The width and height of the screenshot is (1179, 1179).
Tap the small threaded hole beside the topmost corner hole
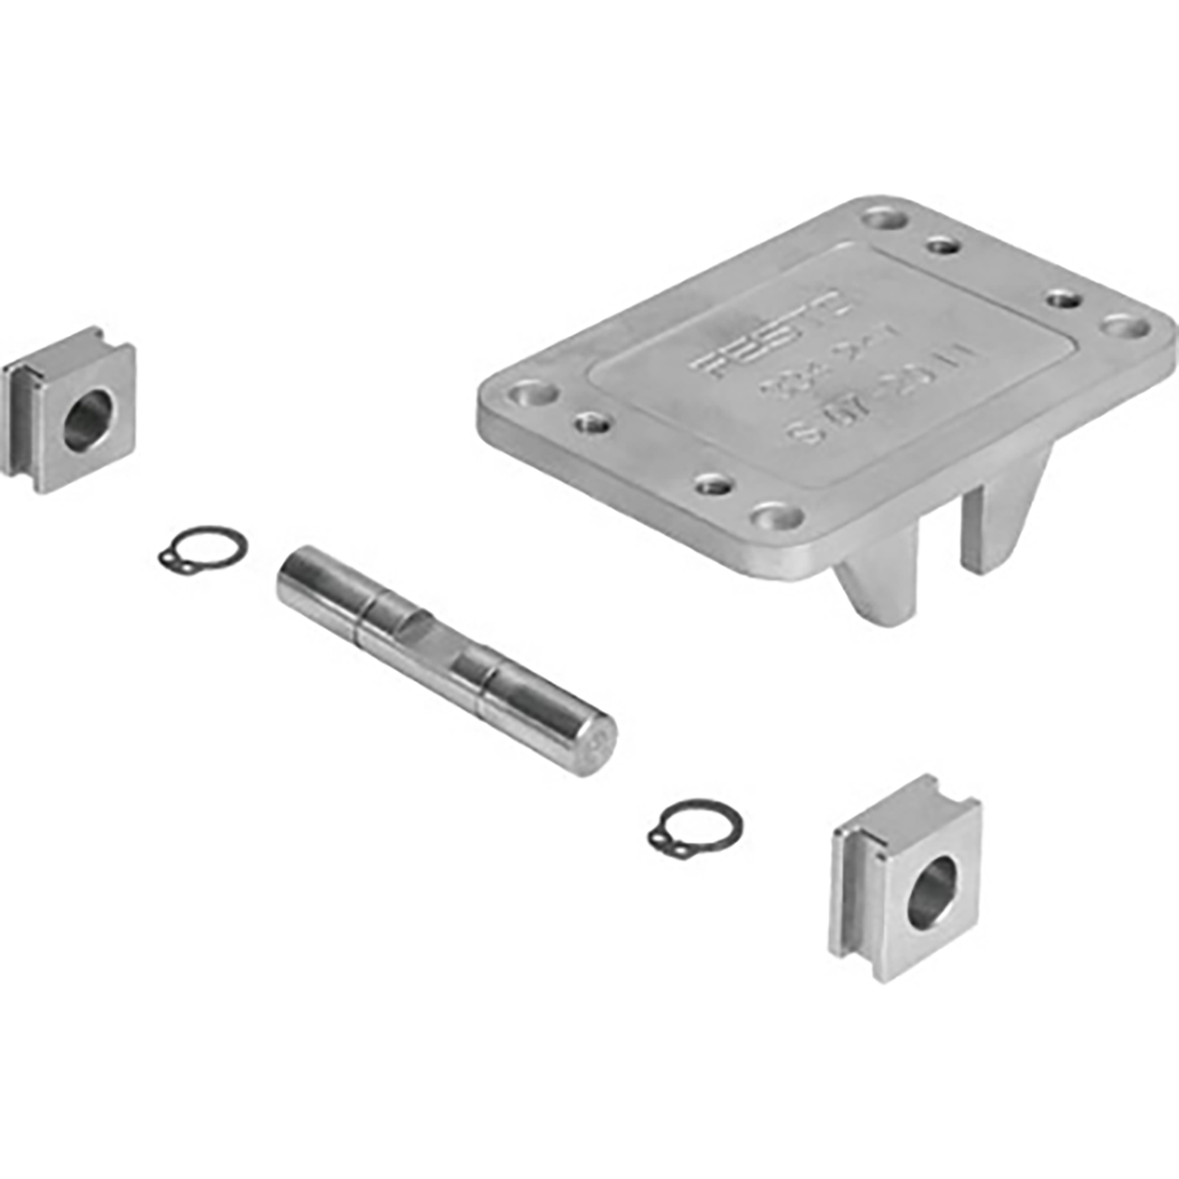[x=943, y=243]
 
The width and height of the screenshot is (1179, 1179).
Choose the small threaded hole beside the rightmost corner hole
[x=1060, y=299]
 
